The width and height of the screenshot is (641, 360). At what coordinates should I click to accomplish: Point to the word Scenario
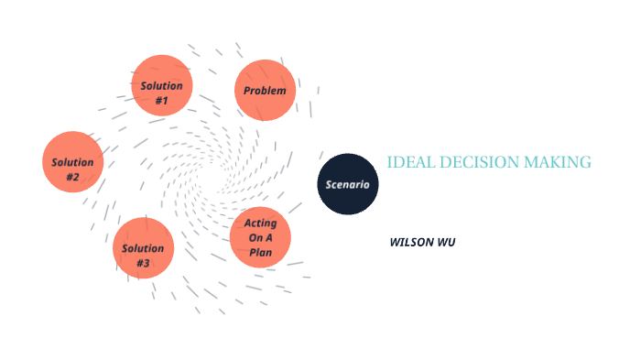(348, 185)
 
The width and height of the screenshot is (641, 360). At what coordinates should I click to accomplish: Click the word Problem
(265, 91)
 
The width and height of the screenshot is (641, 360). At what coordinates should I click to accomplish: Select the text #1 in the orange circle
(161, 100)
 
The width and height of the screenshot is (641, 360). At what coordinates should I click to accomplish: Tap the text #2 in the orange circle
(72, 177)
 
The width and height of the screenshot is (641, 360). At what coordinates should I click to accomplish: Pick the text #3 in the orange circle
(143, 264)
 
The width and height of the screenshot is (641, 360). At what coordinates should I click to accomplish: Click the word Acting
(261, 224)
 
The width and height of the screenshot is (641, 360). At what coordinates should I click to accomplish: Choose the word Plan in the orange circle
(261, 252)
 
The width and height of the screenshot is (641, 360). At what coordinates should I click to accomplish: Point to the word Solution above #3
(143, 248)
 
